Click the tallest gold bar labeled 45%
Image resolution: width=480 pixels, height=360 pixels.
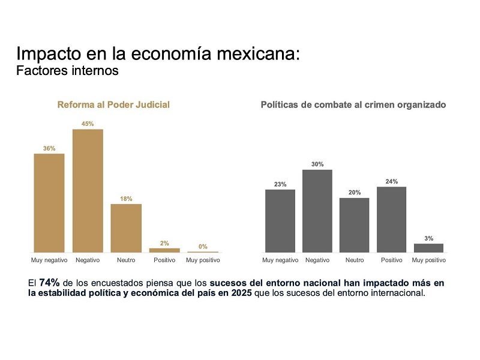pyautogui.click(x=88, y=191)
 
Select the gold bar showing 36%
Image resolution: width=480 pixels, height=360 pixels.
pyautogui.click(x=49, y=203)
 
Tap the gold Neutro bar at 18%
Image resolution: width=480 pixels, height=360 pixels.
pyautogui.click(x=126, y=228)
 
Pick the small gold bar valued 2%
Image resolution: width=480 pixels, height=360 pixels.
pyautogui.click(x=164, y=250)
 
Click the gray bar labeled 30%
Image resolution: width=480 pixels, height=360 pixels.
pyautogui.click(x=317, y=211)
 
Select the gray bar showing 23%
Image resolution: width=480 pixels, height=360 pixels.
pyautogui.click(x=280, y=221)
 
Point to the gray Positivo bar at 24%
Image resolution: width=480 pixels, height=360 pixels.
pyautogui.click(x=392, y=220)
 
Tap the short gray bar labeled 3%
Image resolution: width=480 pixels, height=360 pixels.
pyautogui.click(x=429, y=248)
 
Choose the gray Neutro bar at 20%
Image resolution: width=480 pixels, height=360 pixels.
pyautogui.click(x=355, y=225)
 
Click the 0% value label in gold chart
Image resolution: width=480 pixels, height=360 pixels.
pyautogui.click(x=203, y=246)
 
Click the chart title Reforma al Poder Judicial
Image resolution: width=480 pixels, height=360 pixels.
pyautogui.click(x=113, y=104)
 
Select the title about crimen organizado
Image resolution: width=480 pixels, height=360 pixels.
pyautogui.click(x=353, y=104)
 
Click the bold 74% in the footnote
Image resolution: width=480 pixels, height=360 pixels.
pyautogui.click(x=49, y=282)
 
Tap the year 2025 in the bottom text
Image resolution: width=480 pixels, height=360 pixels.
pyautogui.click(x=242, y=293)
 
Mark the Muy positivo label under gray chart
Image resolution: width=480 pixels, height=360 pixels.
pyautogui.click(x=429, y=260)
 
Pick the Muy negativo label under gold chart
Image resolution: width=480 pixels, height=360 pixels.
pyautogui.click(x=49, y=260)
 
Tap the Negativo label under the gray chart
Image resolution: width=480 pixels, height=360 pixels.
pyautogui.click(x=317, y=260)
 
